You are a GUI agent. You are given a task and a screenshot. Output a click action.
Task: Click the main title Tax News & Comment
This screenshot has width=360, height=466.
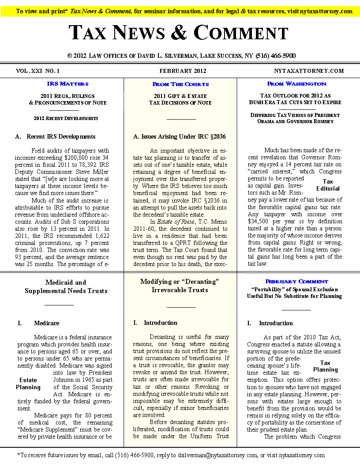(178, 33)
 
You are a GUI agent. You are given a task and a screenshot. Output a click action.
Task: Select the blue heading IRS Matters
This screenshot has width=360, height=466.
(67, 83)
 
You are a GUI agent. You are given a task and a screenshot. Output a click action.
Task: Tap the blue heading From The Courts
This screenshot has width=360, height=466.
(180, 84)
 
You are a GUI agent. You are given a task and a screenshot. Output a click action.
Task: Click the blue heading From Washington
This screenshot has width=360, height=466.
(296, 83)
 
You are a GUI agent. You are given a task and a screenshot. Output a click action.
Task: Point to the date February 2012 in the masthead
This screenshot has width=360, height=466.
(183, 71)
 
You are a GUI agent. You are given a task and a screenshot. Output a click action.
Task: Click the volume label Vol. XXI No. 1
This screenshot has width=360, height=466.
(37, 71)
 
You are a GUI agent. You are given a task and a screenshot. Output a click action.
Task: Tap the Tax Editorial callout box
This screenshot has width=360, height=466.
(328, 185)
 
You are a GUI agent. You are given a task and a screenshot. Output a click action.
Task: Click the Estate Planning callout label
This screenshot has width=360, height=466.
(28, 383)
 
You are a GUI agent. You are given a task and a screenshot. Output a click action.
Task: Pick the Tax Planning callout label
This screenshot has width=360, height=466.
(325, 366)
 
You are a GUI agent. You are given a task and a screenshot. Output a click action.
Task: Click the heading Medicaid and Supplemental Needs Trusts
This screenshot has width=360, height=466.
(66, 286)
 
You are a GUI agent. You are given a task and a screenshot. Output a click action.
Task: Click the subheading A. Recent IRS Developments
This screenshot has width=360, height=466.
(55, 136)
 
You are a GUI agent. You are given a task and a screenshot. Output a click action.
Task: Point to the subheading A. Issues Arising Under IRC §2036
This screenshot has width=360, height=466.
(179, 136)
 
